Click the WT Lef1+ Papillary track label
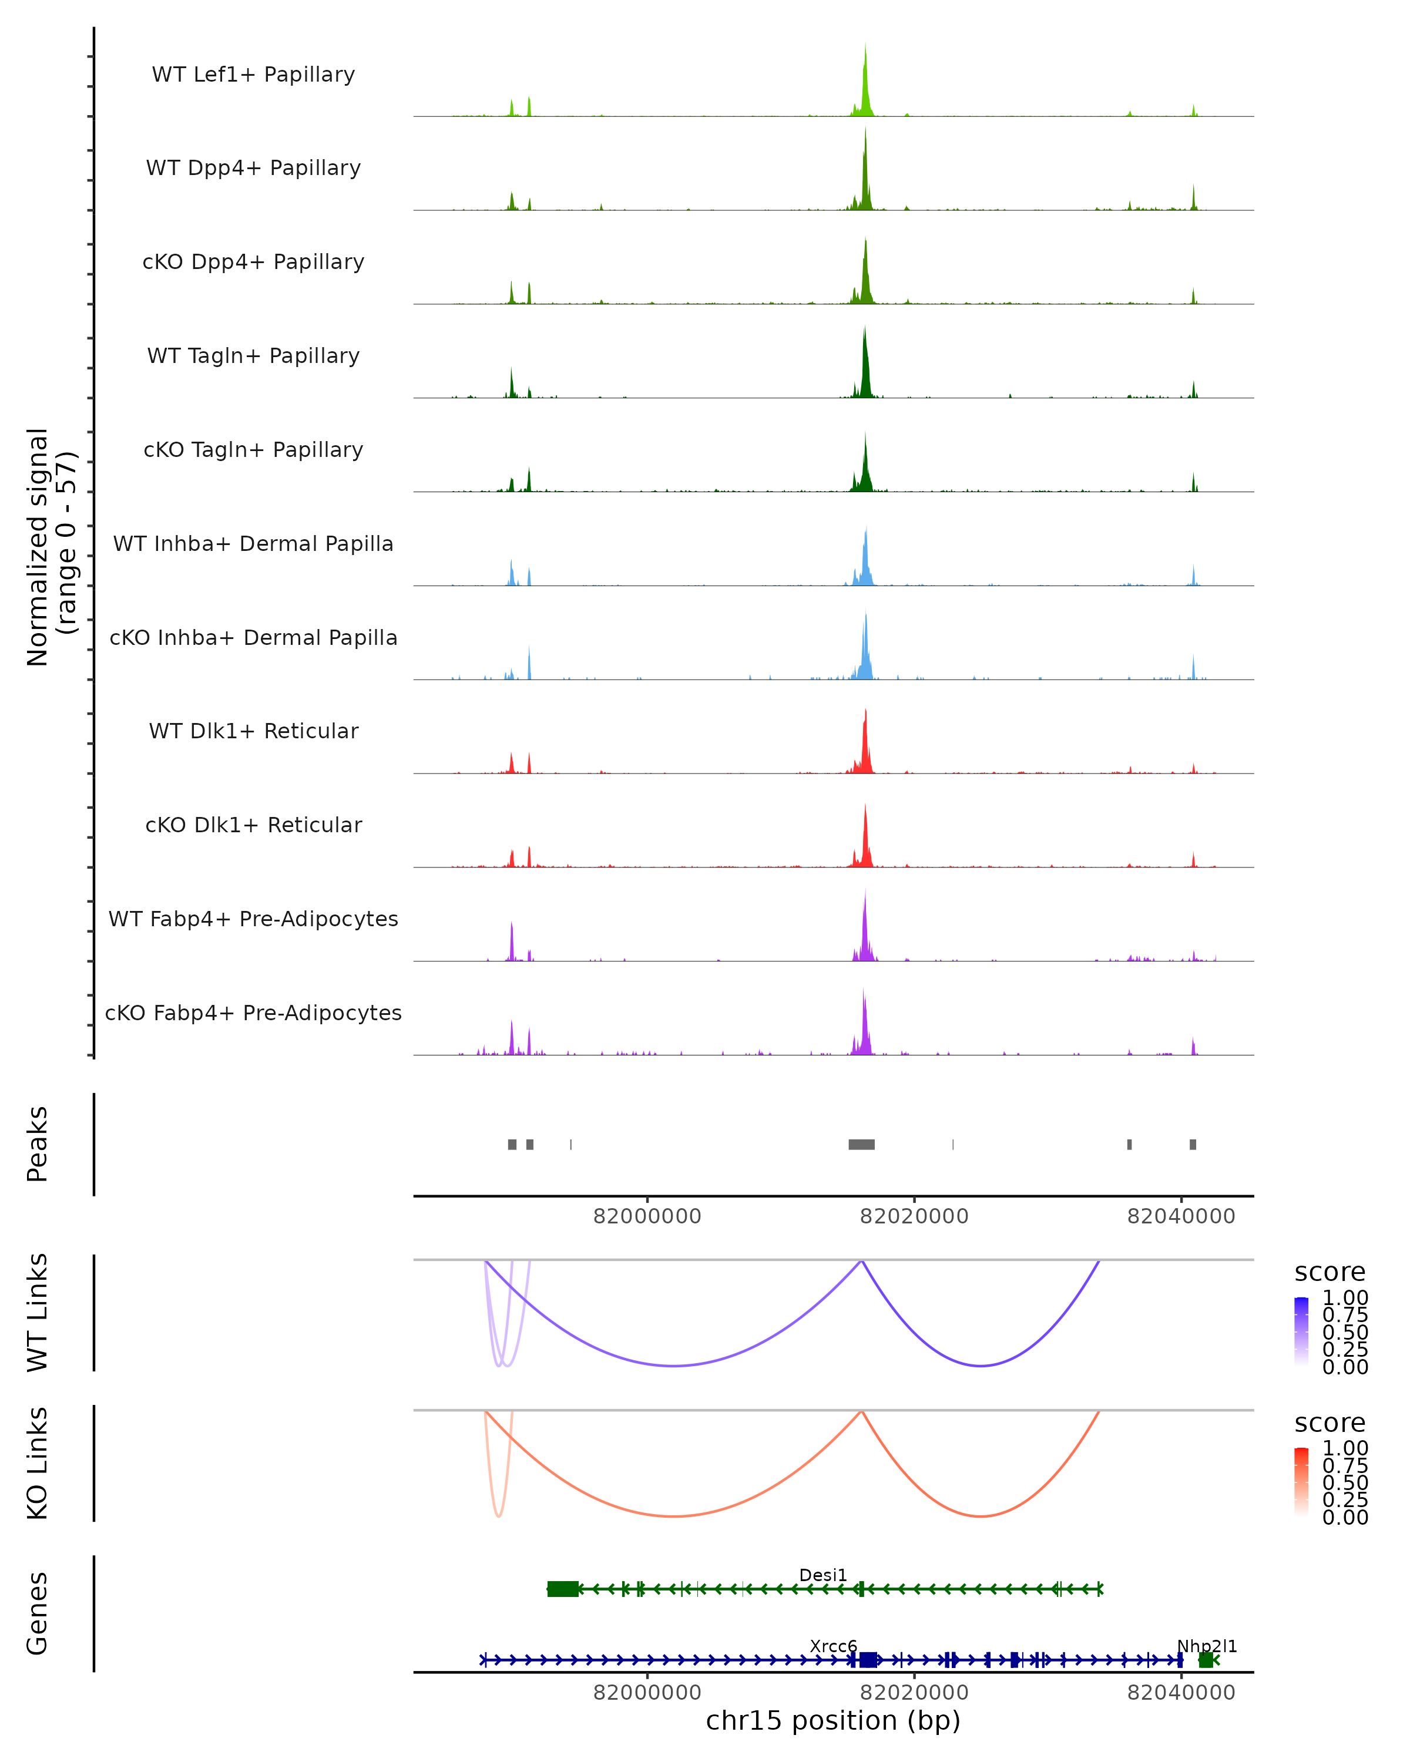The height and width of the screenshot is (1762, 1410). pos(253,75)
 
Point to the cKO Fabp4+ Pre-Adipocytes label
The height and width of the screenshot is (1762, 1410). pos(253,1013)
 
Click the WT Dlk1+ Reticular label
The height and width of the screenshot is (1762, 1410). pos(253,731)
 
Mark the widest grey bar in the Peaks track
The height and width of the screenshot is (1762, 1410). pos(861,1144)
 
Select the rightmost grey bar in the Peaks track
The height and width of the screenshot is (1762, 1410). pos(1193,1144)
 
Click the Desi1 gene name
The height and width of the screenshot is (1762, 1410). pos(823,1575)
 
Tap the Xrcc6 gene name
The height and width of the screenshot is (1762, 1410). pos(833,1646)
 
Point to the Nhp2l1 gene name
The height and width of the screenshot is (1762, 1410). pos(1207,1646)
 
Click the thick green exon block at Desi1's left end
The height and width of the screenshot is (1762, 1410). pos(562,1589)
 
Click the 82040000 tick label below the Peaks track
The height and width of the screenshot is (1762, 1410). pos(1181,1216)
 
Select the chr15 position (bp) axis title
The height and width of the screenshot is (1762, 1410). pos(833,1720)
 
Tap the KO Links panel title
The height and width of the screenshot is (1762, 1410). pos(38,1464)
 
